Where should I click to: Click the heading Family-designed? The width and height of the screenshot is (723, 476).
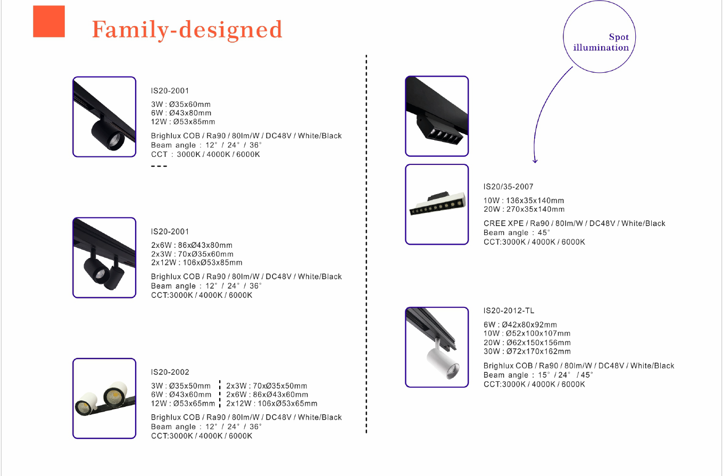click(187, 30)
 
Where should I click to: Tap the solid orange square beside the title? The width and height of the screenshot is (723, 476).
click(49, 22)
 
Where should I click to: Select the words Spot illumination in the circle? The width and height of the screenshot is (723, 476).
click(601, 43)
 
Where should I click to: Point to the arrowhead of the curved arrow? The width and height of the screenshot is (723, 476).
click(535, 161)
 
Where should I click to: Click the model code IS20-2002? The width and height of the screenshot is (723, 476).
click(170, 372)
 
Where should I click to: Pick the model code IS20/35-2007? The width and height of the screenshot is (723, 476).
click(508, 187)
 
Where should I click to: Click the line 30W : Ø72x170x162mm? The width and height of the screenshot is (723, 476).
click(527, 352)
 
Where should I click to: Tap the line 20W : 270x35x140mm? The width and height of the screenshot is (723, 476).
click(523, 210)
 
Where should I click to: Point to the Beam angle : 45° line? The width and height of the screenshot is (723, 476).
click(517, 233)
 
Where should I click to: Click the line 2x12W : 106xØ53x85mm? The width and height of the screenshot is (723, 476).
click(196, 263)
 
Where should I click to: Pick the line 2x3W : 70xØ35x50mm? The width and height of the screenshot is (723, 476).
click(267, 386)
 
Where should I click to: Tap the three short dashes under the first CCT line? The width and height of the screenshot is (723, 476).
click(159, 166)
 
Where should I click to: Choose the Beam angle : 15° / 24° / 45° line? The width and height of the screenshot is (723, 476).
click(538, 375)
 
